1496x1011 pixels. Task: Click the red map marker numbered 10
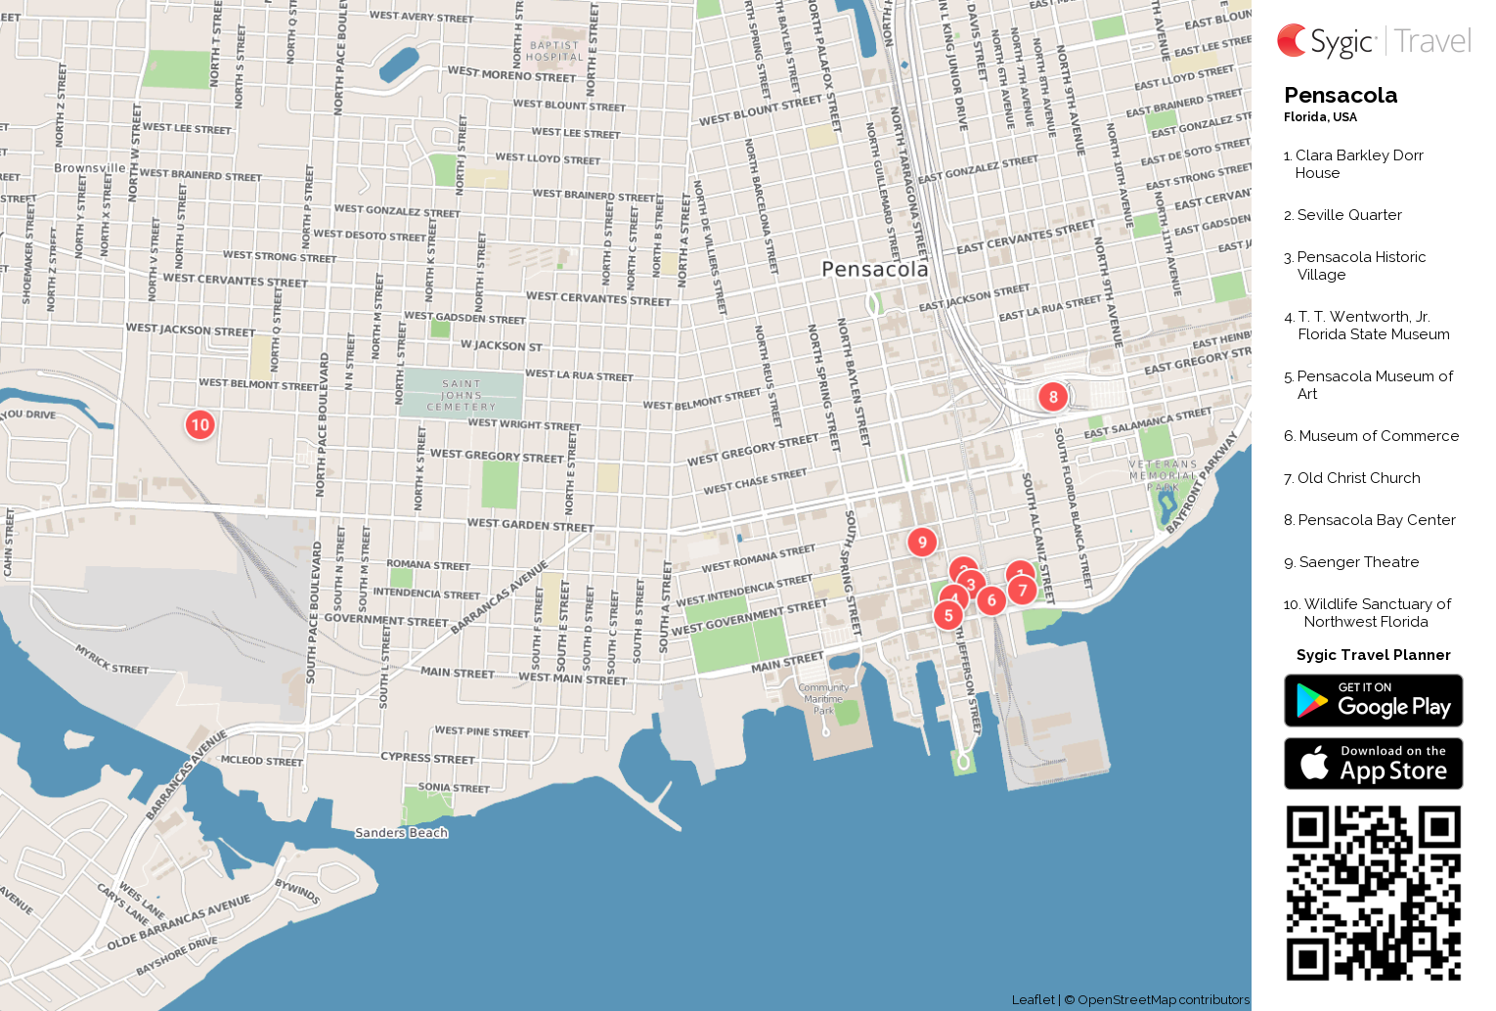[x=200, y=424]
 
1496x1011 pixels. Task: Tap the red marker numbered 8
[x=1053, y=396]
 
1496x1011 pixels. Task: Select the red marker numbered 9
[x=922, y=542]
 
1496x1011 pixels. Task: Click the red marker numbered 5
[x=947, y=616]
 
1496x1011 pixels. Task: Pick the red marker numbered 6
[x=991, y=600]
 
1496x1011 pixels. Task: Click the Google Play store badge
[x=1373, y=701]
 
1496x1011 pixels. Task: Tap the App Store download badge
[x=1373, y=764]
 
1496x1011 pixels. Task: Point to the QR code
[x=1373, y=893]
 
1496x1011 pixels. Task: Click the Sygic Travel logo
[x=1373, y=41]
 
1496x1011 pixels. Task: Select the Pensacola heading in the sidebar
[x=1341, y=96]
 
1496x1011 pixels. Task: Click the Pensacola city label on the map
[x=875, y=269]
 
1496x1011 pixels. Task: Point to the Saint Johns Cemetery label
[x=462, y=395]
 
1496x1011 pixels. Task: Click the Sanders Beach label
[x=401, y=833]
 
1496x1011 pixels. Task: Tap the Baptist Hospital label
[x=554, y=51]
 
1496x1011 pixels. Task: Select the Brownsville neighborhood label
[x=90, y=168]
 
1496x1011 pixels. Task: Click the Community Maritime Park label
[x=823, y=698]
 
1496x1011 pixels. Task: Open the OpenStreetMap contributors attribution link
[x=1163, y=999]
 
